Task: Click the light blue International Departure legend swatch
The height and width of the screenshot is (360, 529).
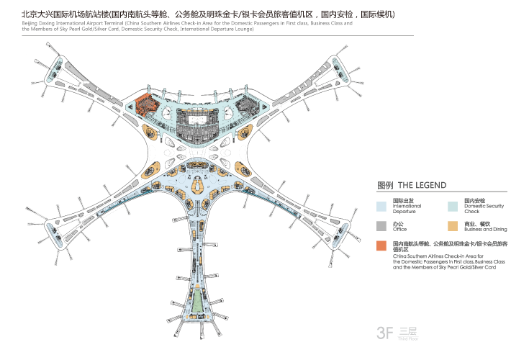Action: pos(382,205)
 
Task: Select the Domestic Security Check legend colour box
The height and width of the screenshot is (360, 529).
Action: pos(453,205)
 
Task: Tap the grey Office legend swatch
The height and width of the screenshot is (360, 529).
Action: pos(382,225)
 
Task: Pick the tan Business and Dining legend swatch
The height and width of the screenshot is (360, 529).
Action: pos(453,225)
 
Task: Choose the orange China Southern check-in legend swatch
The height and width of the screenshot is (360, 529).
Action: pos(382,246)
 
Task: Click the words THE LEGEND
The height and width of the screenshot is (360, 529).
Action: pos(422,185)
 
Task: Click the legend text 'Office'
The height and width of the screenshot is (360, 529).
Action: pos(400,230)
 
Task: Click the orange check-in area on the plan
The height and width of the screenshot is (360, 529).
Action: pos(145,104)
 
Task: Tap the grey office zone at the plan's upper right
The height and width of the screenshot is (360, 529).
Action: pos(248,108)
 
